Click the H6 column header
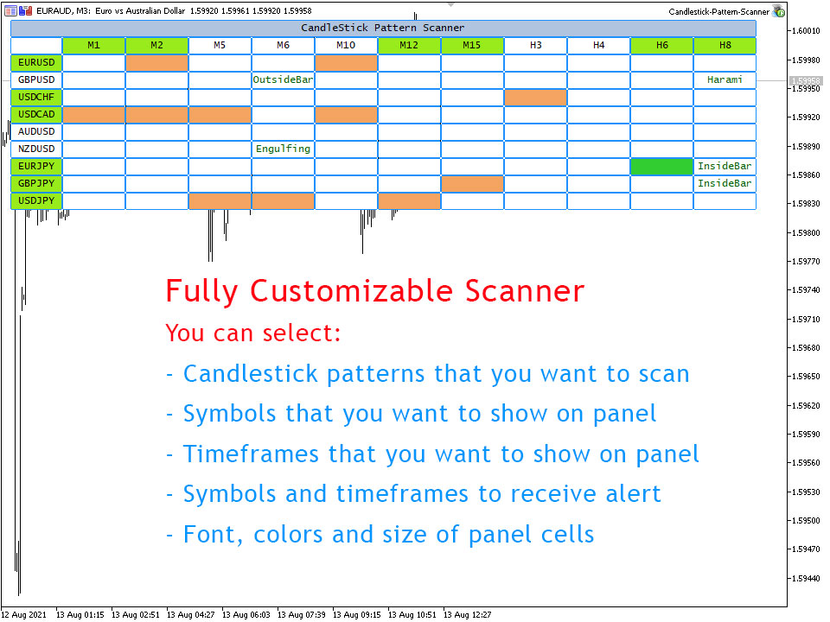click(661, 46)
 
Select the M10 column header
click(346, 46)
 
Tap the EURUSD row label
click(36, 62)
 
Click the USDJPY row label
click(36, 200)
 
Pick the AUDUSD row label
click(36, 131)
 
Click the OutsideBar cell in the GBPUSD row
click(284, 79)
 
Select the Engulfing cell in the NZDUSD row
click(284, 149)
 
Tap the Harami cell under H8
click(725, 79)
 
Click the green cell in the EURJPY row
click(661, 166)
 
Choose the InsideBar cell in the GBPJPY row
click(725, 183)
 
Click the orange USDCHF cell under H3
click(536, 98)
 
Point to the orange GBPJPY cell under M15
click(472, 183)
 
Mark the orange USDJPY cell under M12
click(409, 200)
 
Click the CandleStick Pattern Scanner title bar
click(383, 28)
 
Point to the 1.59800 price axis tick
click(805, 232)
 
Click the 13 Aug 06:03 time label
click(246, 614)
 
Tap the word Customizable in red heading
click(352, 291)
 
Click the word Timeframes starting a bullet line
click(251, 454)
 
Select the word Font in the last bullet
click(209, 534)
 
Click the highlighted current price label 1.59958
click(806, 81)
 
